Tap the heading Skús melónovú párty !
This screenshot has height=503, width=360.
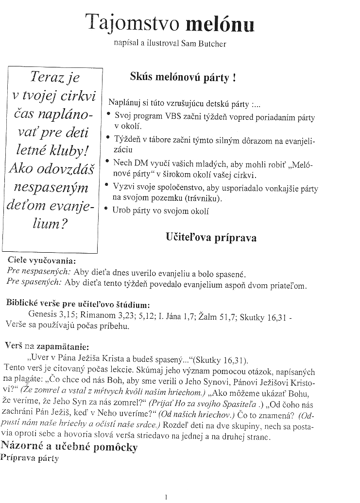coord(183,77)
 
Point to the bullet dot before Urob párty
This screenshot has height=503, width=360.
coord(107,209)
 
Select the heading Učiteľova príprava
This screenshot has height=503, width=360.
coord(211,238)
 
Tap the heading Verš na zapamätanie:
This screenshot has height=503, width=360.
coord(47,347)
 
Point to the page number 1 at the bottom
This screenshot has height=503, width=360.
coord(166,497)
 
